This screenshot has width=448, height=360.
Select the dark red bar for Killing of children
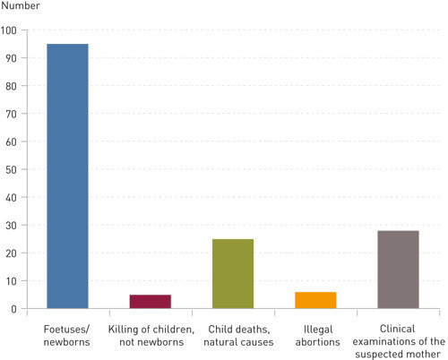click(x=150, y=301)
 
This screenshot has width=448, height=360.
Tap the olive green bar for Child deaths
click(x=233, y=273)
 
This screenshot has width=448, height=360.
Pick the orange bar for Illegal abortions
click(x=315, y=300)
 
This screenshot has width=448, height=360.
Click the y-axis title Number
click(x=21, y=9)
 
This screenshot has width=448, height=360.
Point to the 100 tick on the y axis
click(x=10, y=30)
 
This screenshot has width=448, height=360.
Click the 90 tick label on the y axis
click(x=12, y=57)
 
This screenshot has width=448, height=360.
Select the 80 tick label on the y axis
click(x=12, y=85)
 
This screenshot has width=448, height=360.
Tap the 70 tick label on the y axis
click(x=12, y=113)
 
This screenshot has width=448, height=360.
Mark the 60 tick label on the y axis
click(x=12, y=141)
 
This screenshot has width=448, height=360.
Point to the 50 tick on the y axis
click(x=12, y=168)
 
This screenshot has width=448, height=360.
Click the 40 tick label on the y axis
click(x=12, y=197)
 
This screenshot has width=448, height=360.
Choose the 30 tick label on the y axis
click(x=12, y=225)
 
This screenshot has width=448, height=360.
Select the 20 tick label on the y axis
click(x=12, y=253)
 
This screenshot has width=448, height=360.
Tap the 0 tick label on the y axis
click(x=14, y=308)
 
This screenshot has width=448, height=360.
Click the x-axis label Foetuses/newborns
click(x=67, y=335)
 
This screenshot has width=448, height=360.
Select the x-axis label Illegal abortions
click(x=315, y=335)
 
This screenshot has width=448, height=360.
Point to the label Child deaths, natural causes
click(x=233, y=335)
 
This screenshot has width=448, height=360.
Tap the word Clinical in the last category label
click(x=398, y=329)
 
